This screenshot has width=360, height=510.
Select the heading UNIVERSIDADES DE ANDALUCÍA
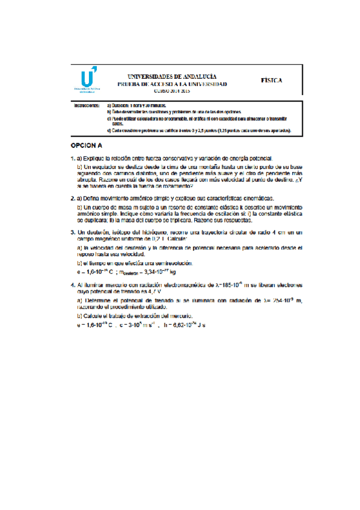tap(172, 76)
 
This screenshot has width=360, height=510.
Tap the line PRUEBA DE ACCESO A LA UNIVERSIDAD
tap(172, 84)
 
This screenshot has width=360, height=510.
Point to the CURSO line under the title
tap(172, 91)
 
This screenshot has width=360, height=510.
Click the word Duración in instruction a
tap(123, 105)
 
